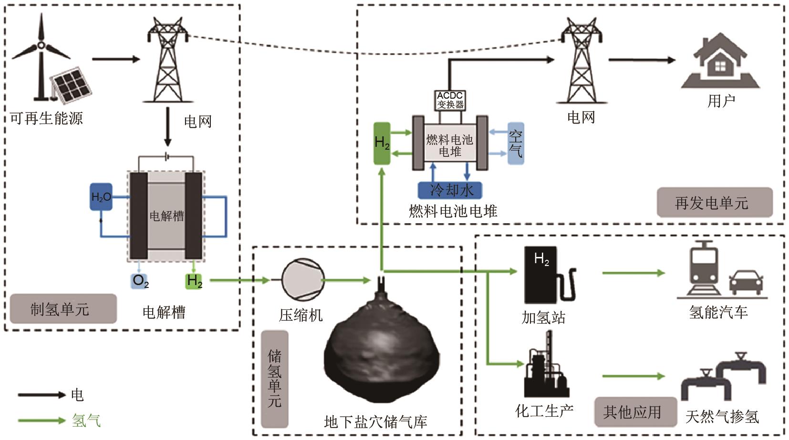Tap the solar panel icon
point(72,85)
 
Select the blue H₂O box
point(101,196)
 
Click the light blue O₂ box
point(140,280)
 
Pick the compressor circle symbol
point(303,280)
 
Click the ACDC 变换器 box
point(450,101)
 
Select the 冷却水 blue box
point(450,190)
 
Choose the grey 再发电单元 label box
point(714,203)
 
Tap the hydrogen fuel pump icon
point(549,276)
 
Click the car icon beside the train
point(746,283)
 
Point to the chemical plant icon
point(546,367)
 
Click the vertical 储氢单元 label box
point(275,379)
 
